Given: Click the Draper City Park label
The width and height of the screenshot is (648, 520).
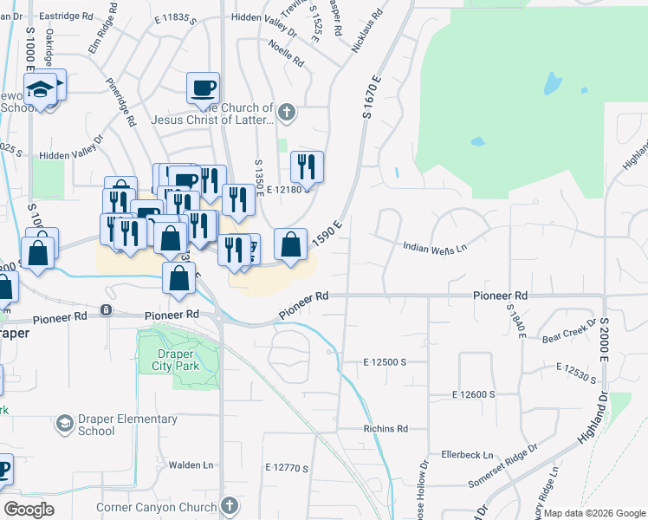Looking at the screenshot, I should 178,360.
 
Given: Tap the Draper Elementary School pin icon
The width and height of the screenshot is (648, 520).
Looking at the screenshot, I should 64,424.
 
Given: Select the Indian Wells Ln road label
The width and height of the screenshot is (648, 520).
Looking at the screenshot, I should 435,247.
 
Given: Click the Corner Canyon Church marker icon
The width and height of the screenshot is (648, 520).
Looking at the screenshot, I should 230,505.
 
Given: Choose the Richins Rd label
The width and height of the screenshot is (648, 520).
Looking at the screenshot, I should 386,429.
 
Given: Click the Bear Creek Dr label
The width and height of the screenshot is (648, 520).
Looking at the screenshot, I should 568,330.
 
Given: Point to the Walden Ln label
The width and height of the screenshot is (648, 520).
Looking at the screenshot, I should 191,465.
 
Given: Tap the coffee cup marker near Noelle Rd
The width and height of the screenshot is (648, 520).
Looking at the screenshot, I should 203,87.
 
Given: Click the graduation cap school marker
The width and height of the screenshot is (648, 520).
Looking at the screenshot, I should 40,89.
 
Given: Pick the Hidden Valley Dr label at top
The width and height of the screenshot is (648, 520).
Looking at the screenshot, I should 264,16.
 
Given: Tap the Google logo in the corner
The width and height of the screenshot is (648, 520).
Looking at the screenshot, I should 29,510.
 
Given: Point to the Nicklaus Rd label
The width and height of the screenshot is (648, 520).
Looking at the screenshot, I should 367,31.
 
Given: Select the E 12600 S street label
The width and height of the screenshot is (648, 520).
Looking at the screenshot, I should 473,394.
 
